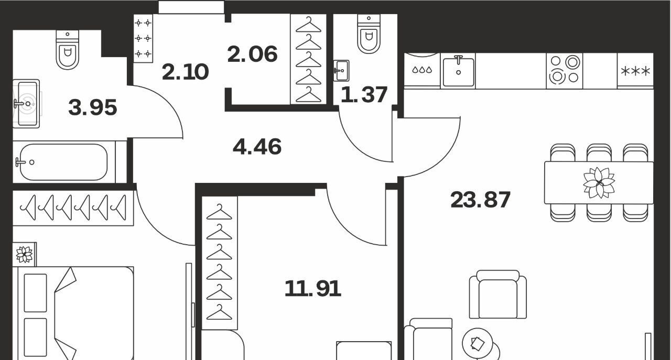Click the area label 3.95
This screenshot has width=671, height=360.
click(x=93, y=107)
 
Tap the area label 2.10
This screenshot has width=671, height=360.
click(x=185, y=72)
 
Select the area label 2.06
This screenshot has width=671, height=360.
click(x=252, y=54)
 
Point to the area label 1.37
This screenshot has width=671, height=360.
click(x=364, y=95)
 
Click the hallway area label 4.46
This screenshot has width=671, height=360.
click(x=257, y=146)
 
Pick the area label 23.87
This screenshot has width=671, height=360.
click(x=480, y=200)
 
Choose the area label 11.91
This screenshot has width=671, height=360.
click(x=313, y=288)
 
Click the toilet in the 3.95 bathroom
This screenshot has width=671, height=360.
click(x=68, y=50)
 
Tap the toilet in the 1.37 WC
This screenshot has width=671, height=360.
click(x=369, y=34)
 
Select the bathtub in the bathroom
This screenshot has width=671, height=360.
click(x=63, y=162)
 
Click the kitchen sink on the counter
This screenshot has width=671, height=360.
click(x=458, y=71)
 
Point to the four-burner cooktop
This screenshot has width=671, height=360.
click(x=565, y=71)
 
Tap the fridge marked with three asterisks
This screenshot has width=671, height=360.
click(x=635, y=71)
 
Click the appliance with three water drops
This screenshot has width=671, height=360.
click(x=422, y=71)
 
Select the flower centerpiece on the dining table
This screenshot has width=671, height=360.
click(x=599, y=183)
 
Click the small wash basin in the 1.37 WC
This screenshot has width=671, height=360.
click(x=341, y=71)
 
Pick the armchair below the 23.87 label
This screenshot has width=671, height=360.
click(x=498, y=294)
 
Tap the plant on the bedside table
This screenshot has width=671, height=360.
click(x=24, y=255)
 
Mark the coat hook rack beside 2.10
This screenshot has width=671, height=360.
click(x=143, y=38)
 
